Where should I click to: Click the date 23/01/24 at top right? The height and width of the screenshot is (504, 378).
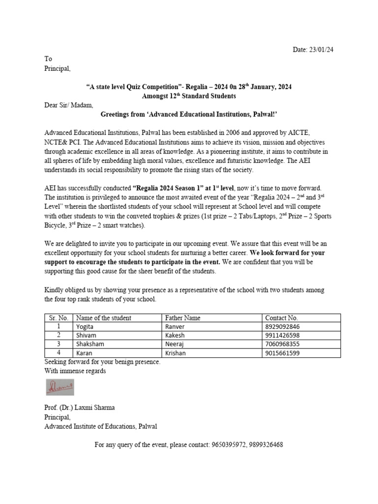323,50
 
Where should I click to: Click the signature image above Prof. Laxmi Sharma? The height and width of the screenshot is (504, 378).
60,387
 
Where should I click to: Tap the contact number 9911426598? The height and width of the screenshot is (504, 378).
282,335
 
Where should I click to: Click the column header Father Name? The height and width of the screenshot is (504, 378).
183,318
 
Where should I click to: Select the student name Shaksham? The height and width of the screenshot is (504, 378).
90,344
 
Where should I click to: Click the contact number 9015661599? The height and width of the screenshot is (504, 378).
282,353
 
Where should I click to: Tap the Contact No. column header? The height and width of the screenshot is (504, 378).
282,318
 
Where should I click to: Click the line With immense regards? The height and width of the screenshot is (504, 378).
75,371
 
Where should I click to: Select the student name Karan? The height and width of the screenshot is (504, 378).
84,353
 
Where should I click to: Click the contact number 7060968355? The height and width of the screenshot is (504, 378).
282,344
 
